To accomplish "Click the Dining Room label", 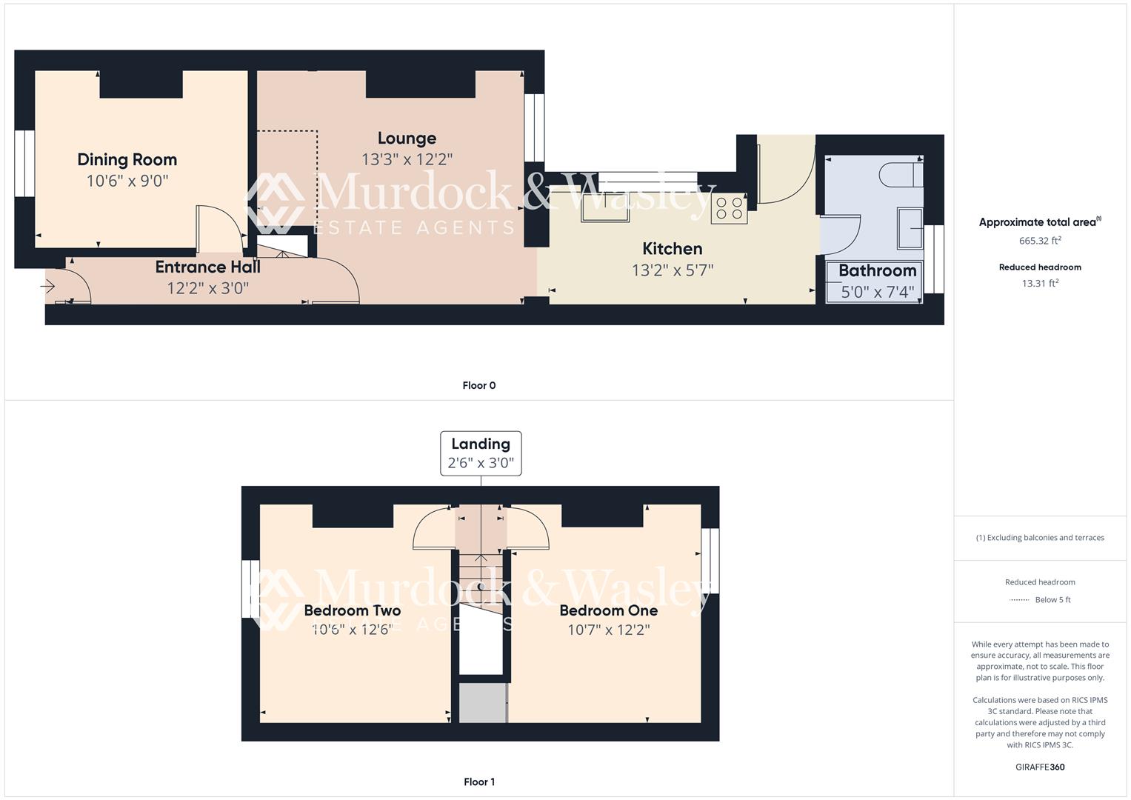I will (127, 159).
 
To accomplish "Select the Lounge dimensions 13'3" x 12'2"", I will (407, 159).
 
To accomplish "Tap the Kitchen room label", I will (672, 249).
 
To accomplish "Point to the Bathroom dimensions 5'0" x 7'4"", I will (877, 292).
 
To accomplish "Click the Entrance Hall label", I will (207, 267).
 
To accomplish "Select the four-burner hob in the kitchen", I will (728, 209).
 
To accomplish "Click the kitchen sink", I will (605, 206).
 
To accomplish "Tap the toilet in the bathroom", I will (900, 176).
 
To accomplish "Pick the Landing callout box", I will (481, 453).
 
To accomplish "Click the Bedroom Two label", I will (352, 610).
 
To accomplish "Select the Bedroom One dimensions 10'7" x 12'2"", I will (608, 630).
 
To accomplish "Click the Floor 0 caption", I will (478, 385).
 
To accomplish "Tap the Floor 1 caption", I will (478, 781).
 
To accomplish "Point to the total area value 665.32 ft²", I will (1040, 241).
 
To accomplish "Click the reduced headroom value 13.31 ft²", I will (1040, 283).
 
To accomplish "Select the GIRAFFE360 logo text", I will (1040, 767).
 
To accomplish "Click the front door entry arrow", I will (50, 287).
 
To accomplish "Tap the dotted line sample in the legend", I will (1019, 600).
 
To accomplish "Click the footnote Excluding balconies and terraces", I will (1040, 538).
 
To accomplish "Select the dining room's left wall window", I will (24, 164).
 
